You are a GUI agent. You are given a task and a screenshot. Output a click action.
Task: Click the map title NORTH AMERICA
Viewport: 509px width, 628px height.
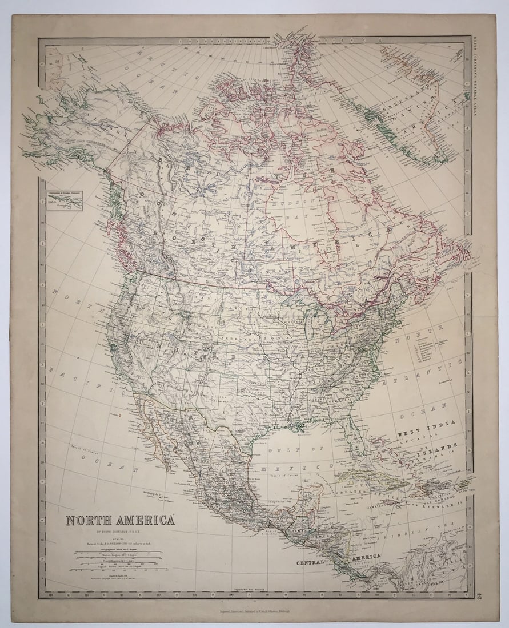120,521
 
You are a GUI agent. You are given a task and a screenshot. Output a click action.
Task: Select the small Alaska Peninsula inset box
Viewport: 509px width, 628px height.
65,200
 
